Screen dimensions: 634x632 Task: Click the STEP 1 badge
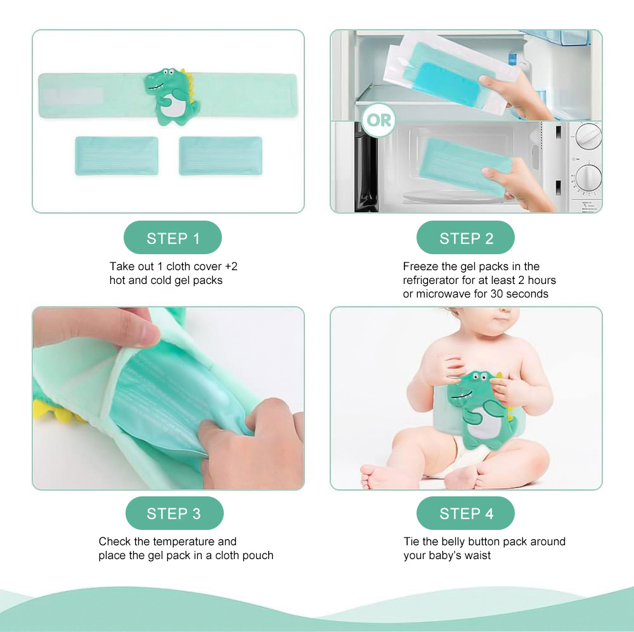tap(172, 238)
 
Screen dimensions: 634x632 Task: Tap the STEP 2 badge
tap(465, 238)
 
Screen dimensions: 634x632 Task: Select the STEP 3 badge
tap(174, 513)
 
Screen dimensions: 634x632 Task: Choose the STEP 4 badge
tap(465, 513)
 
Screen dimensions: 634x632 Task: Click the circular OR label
tap(379, 120)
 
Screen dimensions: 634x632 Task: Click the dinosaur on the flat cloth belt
tap(172, 96)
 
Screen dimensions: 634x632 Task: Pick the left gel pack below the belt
tap(117, 156)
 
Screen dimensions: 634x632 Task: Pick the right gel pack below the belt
tap(221, 156)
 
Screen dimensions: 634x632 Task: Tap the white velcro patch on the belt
tap(73, 96)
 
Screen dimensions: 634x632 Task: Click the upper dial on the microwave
tap(588, 136)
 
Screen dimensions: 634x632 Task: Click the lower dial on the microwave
tap(589, 177)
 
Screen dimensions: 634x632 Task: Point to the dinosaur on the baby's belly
tap(481, 408)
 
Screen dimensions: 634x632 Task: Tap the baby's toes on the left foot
tap(368, 476)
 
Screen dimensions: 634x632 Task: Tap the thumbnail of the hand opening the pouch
tap(168, 398)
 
